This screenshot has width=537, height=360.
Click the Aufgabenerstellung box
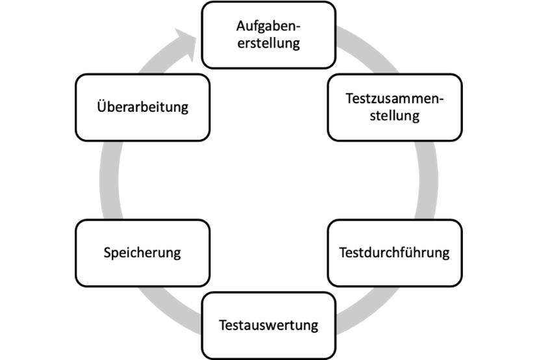point(269,35)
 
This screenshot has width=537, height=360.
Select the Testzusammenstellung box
point(394,107)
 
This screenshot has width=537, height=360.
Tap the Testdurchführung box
point(394,253)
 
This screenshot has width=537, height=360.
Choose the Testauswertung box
point(269,325)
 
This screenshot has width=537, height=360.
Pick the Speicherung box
point(142,253)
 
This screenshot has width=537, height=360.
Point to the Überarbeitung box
point(142,107)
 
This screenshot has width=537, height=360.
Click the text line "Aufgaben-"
point(269,27)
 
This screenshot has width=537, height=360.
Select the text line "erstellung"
point(269,44)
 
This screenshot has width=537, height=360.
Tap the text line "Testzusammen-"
point(394,99)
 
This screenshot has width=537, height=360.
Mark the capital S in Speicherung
point(108,253)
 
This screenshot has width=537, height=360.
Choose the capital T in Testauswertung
point(223,325)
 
